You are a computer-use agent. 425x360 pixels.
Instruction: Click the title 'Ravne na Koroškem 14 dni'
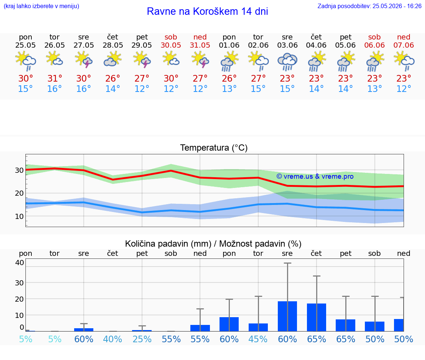point(207,11)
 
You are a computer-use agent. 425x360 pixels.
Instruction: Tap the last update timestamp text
point(369,6)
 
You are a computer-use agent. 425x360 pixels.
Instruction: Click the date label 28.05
point(113,45)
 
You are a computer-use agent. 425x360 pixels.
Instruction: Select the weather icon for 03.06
point(287,62)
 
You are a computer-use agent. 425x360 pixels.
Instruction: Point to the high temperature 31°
point(55,78)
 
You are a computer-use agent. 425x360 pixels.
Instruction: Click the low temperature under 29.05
point(142,89)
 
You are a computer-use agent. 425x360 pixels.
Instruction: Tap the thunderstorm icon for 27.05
point(83,60)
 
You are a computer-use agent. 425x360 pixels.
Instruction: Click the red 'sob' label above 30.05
point(171,37)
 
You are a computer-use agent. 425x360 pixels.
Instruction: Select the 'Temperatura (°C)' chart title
point(214,148)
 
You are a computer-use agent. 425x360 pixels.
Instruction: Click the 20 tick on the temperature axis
point(19,193)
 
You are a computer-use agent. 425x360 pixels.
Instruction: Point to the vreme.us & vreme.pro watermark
point(315,176)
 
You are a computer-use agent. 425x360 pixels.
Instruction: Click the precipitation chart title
point(213,244)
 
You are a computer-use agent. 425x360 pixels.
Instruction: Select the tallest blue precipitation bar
point(287,316)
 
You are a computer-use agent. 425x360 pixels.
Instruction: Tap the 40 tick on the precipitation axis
point(20,262)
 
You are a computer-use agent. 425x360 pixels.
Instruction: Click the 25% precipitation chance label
point(142,339)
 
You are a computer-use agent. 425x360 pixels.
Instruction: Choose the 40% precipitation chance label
point(113,339)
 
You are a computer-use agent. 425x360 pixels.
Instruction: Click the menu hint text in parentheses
point(41,6)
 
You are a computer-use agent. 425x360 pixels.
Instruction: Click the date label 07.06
point(404,45)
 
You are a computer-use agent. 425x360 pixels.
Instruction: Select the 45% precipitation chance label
point(258,339)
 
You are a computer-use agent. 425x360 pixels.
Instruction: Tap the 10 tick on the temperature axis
point(19,216)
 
